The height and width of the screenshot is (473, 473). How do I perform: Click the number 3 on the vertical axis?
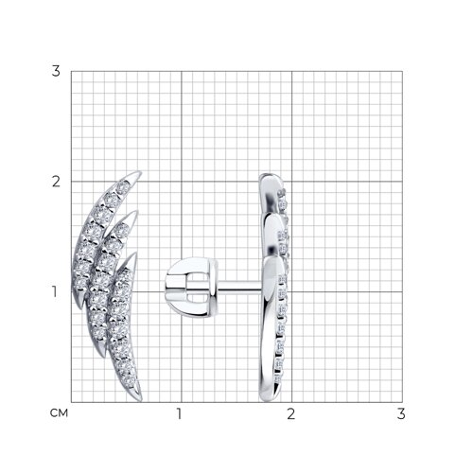[x=56, y=71]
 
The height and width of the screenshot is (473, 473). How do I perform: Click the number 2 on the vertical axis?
[x=56, y=182]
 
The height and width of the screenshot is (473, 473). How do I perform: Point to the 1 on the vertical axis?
[x=55, y=291]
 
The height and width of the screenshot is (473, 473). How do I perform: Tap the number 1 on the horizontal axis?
[x=179, y=413]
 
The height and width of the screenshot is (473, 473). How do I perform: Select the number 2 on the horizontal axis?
[x=290, y=413]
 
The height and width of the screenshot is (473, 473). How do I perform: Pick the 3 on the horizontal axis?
[x=401, y=413]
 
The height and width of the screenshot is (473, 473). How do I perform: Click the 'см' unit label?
[x=59, y=413]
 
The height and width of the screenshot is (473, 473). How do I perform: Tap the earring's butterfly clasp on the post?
[x=191, y=287]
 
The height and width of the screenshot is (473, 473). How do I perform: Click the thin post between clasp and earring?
[x=239, y=287]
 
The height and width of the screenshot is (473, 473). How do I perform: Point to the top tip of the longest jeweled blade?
[x=140, y=172]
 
